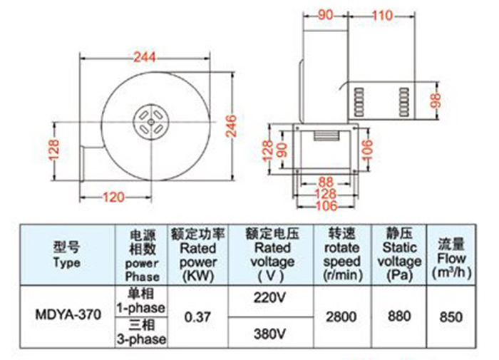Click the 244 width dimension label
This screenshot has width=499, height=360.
click(x=145, y=57)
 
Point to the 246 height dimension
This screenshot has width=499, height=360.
click(x=232, y=126)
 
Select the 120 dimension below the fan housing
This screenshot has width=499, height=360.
click(x=113, y=197)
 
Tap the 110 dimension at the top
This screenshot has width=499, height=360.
click(x=382, y=15)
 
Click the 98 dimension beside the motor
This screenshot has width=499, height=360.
click(x=436, y=101)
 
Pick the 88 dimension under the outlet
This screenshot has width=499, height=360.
click(x=326, y=182)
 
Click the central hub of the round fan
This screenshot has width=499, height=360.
click(x=151, y=122)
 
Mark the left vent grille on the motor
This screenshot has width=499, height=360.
click(x=359, y=102)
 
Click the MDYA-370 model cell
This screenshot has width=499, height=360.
click(x=68, y=315)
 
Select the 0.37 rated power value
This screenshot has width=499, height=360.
click(x=197, y=317)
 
